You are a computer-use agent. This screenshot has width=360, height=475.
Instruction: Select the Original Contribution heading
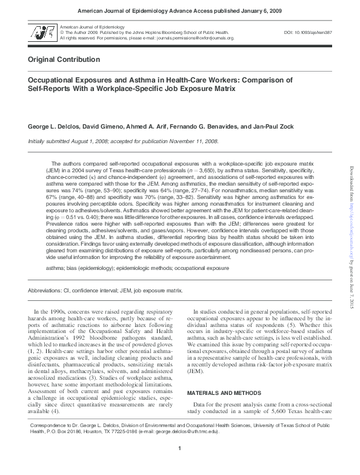click(x=64, y=60)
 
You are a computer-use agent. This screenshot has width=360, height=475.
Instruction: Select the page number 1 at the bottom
click(x=180, y=465)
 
